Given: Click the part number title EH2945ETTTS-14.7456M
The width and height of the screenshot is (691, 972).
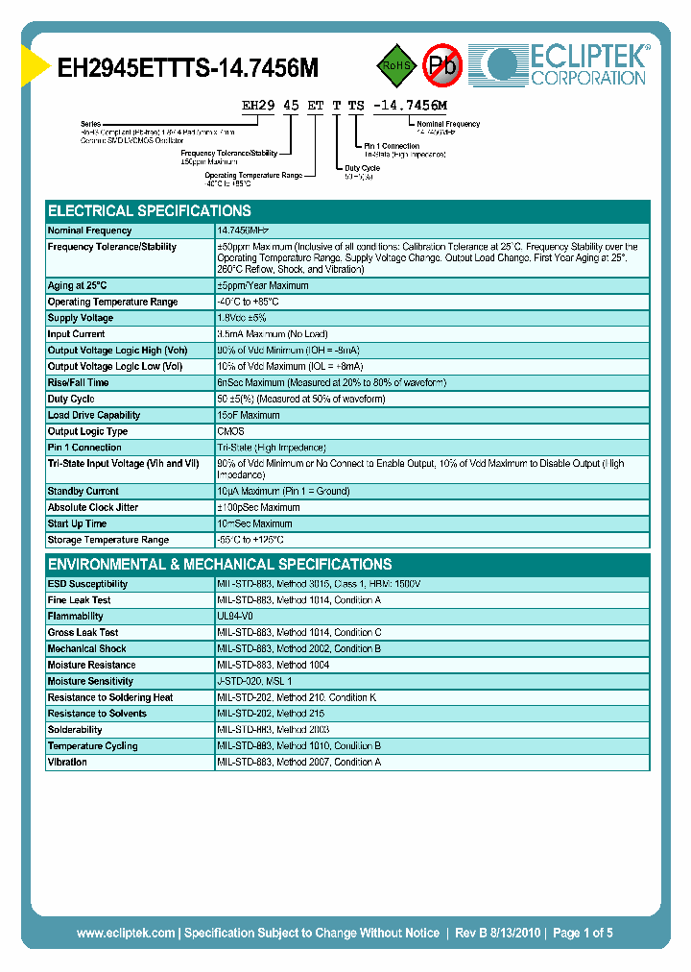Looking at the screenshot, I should click(188, 68).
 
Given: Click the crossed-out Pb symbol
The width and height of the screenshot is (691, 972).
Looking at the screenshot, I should click(443, 65).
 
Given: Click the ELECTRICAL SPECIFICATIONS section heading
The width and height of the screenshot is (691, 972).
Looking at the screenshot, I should click(150, 211).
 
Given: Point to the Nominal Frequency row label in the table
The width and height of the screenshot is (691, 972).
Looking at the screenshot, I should click(90, 231).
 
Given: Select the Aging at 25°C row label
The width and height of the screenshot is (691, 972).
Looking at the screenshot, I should click(78, 285).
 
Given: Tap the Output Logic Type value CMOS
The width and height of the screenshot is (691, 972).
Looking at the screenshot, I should click(231, 431).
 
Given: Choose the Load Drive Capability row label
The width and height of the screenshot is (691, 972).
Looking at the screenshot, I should click(94, 415).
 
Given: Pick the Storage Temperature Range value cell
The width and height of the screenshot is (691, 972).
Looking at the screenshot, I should click(250, 540).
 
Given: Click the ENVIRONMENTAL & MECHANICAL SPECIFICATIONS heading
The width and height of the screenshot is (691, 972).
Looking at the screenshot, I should click(220, 565).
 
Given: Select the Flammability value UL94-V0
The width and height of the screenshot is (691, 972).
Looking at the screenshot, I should click(236, 616).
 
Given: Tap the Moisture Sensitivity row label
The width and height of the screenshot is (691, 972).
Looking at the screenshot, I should click(90, 681).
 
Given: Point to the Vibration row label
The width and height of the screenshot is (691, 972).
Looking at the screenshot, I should click(67, 762).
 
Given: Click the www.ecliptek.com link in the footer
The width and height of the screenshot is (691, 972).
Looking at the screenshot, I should click(126, 933).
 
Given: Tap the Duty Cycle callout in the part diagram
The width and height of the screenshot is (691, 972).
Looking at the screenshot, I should click(363, 168).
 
